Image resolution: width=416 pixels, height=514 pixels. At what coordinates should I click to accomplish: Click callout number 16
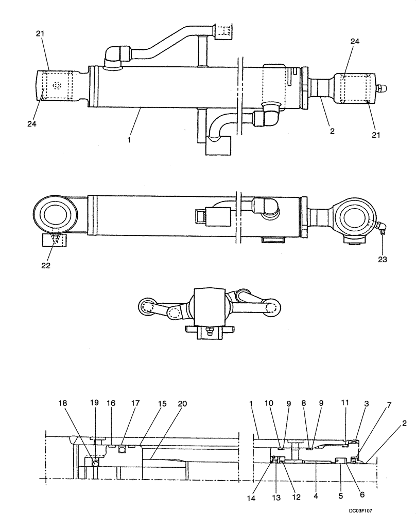click(111, 405)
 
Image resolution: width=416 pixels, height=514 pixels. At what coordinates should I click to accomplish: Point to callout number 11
click(344, 405)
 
